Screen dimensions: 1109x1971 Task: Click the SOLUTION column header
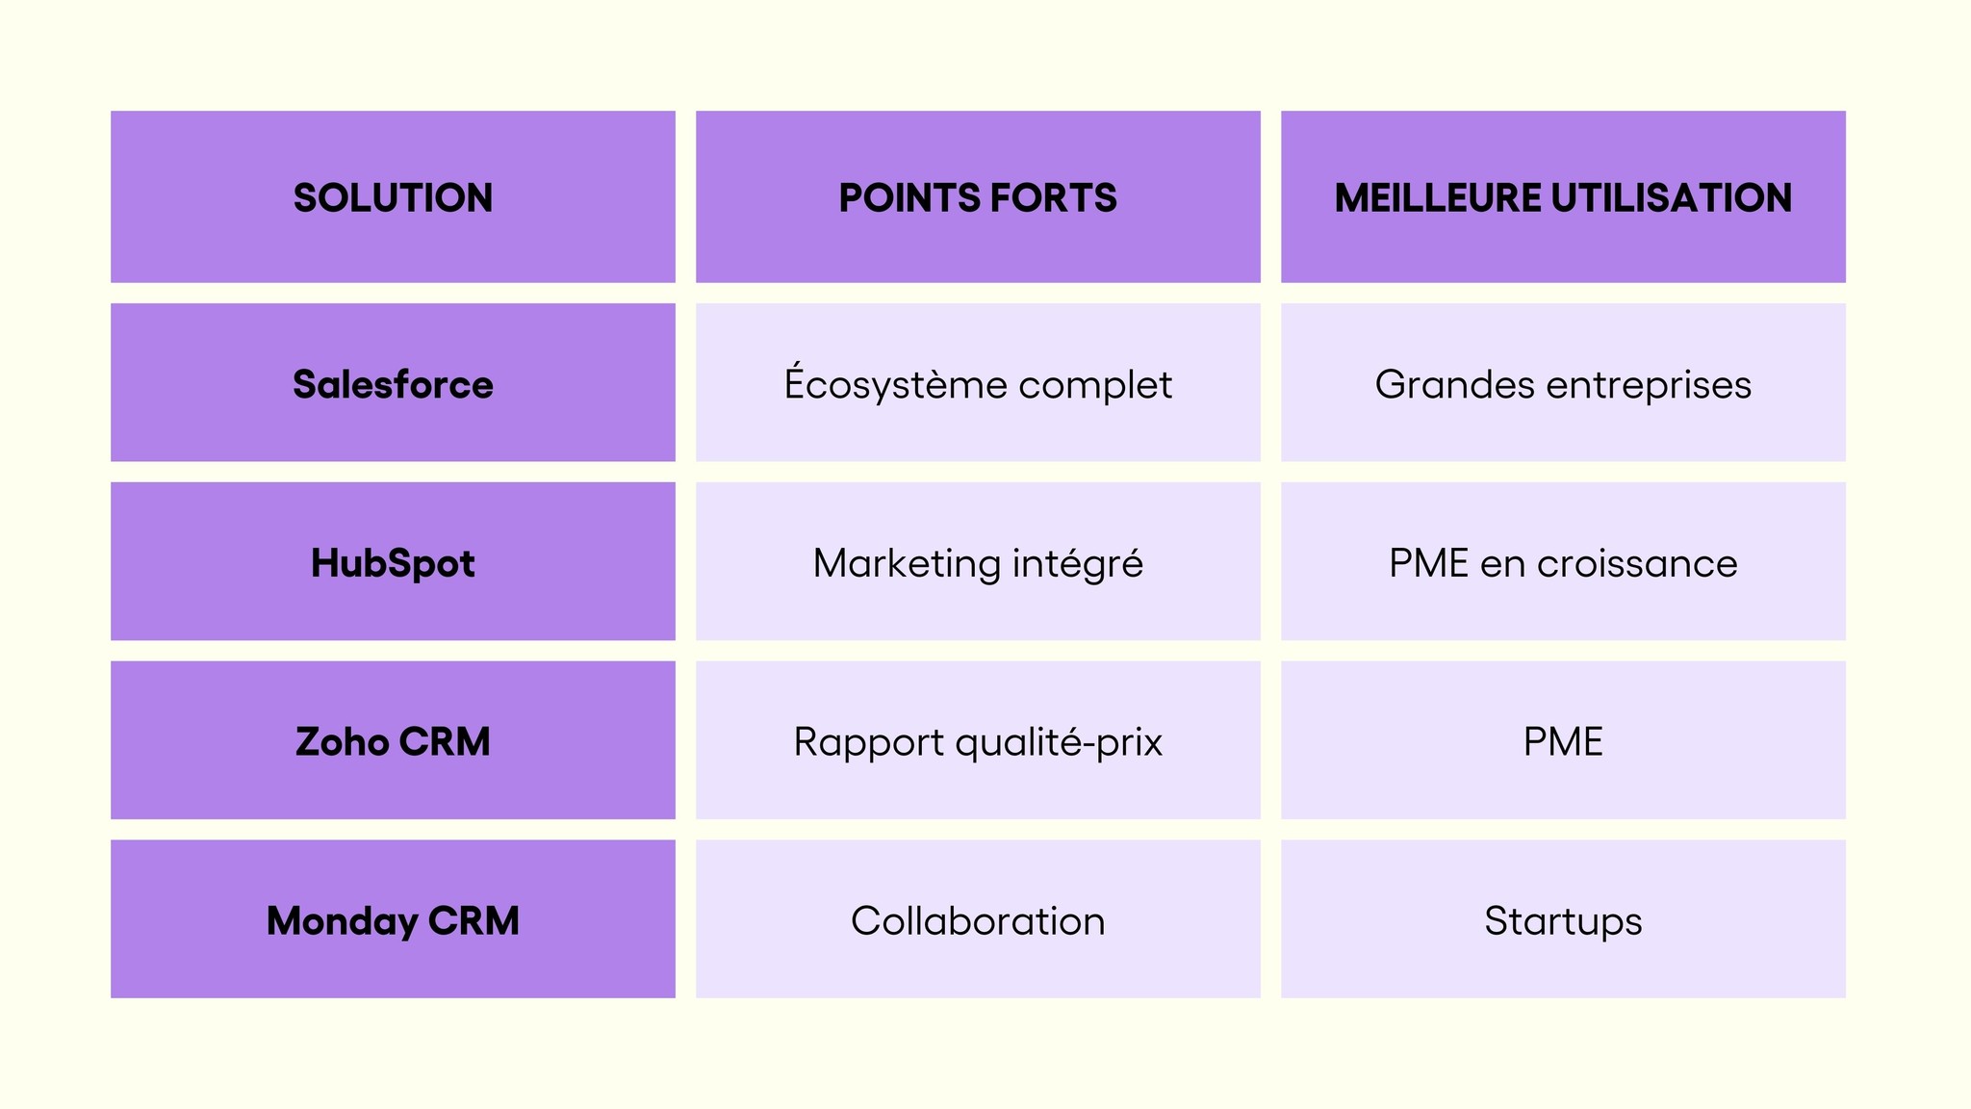(393, 197)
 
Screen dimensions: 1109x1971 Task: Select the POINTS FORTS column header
(978, 197)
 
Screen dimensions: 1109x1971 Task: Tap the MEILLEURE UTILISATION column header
(1563, 197)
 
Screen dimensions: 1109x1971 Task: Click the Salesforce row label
(393, 384)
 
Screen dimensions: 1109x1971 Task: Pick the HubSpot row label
(393, 563)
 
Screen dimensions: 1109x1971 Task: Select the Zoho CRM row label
(393, 741)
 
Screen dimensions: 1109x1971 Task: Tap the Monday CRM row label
(393, 920)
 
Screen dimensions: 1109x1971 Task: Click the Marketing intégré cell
(978, 563)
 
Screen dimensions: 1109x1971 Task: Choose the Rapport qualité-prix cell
(978, 741)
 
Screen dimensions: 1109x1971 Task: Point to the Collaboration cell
(978, 920)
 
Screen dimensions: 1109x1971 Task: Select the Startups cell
(1563, 920)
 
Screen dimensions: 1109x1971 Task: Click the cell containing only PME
(1563, 741)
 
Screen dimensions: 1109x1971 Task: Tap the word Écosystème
(895, 384)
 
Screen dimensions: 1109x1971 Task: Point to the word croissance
(1637, 563)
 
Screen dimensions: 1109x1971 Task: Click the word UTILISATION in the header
(1672, 197)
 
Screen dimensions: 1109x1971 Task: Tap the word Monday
(342, 920)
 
